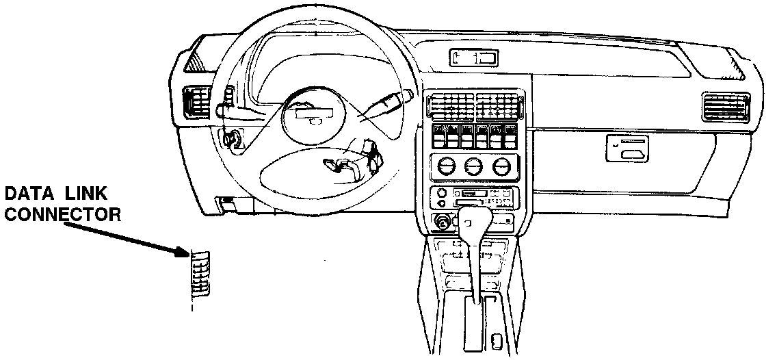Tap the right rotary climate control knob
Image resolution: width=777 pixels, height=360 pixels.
click(x=501, y=166)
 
